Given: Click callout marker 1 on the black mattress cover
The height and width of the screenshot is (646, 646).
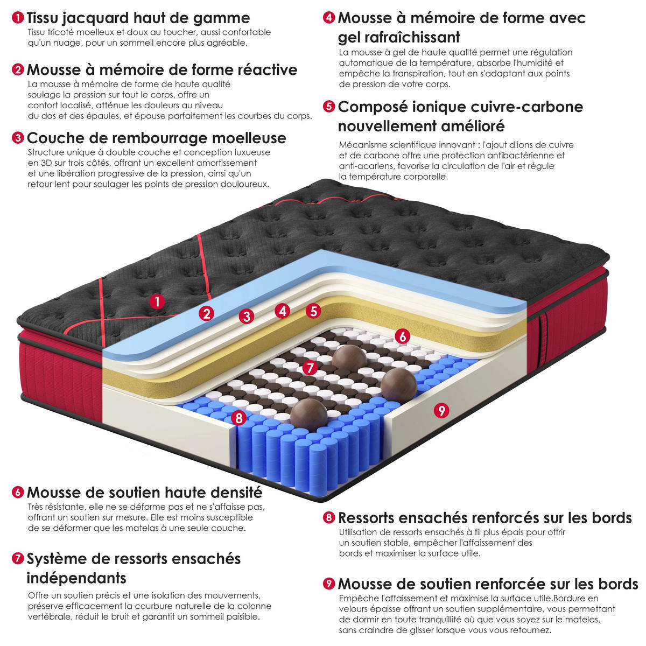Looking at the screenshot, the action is (x=157, y=301).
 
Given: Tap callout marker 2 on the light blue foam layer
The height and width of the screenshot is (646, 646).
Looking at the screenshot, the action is (x=206, y=313).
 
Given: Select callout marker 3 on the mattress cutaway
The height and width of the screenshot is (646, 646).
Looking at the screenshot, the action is (x=247, y=316).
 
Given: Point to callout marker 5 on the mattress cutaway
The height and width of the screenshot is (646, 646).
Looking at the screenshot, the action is (x=313, y=311).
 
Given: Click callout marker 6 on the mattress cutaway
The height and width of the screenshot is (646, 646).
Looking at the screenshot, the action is (x=402, y=336).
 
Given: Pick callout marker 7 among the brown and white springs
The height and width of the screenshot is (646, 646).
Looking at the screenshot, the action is (x=310, y=368).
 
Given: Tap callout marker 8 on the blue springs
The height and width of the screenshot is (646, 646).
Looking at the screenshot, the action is (x=238, y=418).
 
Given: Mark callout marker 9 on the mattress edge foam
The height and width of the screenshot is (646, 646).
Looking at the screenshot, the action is (x=441, y=410).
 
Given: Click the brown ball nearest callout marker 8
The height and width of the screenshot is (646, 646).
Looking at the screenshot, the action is (x=308, y=415).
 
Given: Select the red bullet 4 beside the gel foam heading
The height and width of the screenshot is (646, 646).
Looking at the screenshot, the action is (x=329, y=17).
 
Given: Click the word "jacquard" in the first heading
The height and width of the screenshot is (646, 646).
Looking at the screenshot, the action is (x=95, y=18).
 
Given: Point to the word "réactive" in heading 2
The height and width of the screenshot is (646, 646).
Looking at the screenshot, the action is (x=267, y=70).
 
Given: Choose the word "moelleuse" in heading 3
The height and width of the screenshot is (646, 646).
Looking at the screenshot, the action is (x=249, y=138).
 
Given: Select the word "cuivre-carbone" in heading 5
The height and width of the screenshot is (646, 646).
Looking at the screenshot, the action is (x=526, y=107).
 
